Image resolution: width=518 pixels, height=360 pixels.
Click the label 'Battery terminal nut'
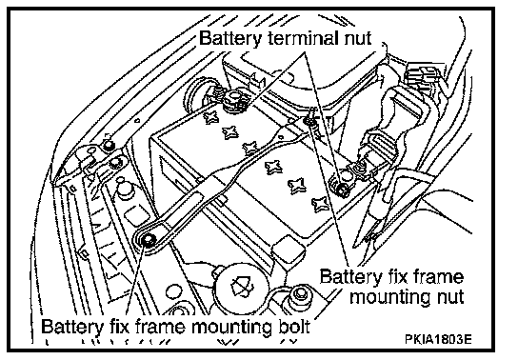pyautogui.click(x=286, y=38)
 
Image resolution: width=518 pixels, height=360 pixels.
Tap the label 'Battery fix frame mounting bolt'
pyautogui.click(x=175, y=327)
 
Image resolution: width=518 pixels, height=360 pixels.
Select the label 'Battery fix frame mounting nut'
pyautogui.click(x=392, y=287)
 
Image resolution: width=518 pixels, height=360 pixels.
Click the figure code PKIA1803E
pyautogui.click(x=438, y=339)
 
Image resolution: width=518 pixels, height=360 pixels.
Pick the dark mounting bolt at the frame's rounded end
pyautogui.click(x=148, y=239)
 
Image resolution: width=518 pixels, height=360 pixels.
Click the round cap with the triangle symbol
pyautogui.click(x=242, y=285)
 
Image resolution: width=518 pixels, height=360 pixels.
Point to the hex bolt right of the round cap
pyautogui.click(x=299, y=295)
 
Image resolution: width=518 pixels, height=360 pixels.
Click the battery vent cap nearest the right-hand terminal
pyautogui.click(x=320, y=203)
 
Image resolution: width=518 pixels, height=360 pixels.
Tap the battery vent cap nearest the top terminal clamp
pyautogui.click(x=211, y=116)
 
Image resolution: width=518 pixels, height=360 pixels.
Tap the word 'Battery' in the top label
pyautogui.click(x=230, y=38)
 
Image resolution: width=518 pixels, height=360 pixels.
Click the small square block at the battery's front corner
pyautogui.click(x=287, y=249)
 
